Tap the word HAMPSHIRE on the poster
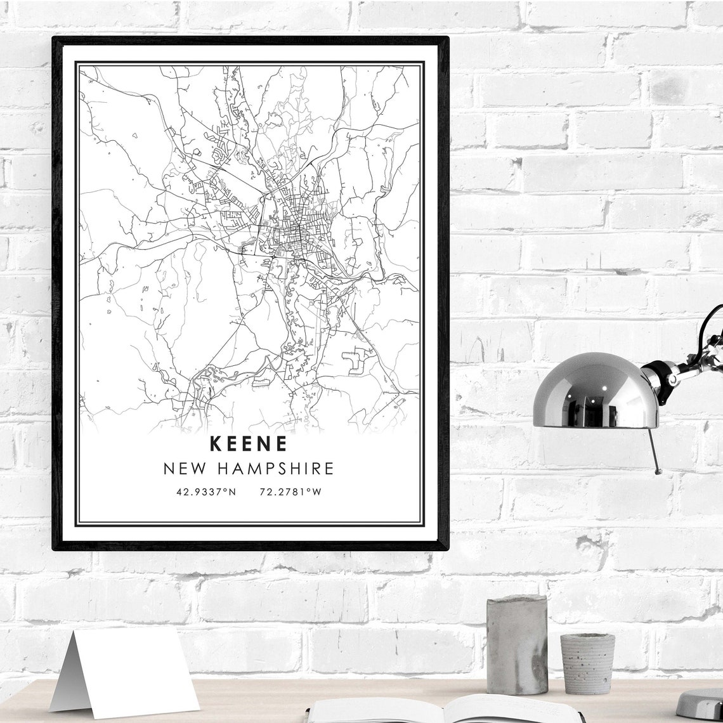pyautogui.click(x=275, y=469)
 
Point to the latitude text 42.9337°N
pyautogui.click(x=206, y=492)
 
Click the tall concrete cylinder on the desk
pyautogui.click(x=517, y=644)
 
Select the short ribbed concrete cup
pyautogui.click(x=587, y=663)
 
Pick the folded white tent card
pyautogui.click(x=127, y=672)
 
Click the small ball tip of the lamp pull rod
pyautogui.click(x=658, y=471)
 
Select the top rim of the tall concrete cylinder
pyautogui.click(x=517, y=599)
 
